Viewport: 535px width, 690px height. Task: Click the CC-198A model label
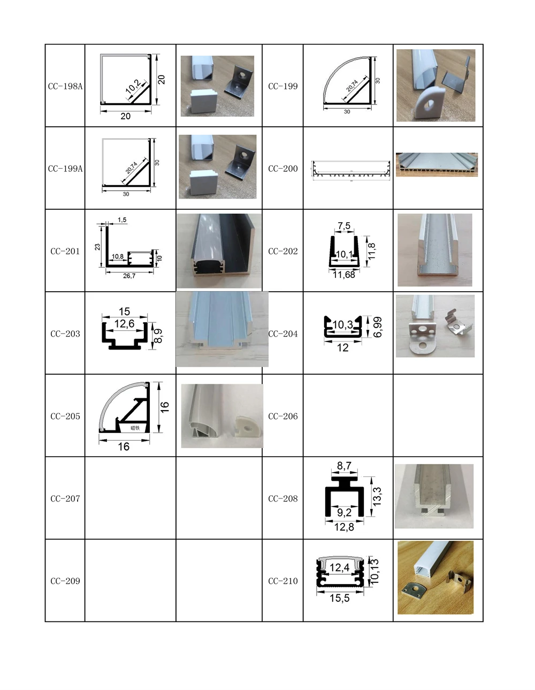[65, 86]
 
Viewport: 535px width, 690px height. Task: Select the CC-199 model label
[282, 86]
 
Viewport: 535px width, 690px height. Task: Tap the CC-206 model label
[282, 416]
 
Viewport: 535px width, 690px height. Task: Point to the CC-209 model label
[65, 581]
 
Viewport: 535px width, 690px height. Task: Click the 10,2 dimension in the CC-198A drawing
[133, 87]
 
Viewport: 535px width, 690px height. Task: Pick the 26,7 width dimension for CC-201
[129, 276]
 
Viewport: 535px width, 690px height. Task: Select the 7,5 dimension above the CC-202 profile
[344, 226]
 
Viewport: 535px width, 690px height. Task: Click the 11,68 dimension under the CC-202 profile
[343, 275]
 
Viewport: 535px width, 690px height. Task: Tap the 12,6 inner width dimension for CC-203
[124, 324]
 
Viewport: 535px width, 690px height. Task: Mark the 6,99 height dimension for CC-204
[378, 327]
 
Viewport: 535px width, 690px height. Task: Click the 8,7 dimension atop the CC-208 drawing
[344, 466]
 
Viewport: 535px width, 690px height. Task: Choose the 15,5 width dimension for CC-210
[340, 598]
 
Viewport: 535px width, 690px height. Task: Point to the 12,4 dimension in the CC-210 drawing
[339, 567]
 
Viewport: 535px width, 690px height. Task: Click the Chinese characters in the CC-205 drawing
[135, 428]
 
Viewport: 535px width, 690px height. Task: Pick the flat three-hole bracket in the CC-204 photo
[421, 338]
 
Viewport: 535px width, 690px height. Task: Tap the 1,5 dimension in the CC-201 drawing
[122, 220]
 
